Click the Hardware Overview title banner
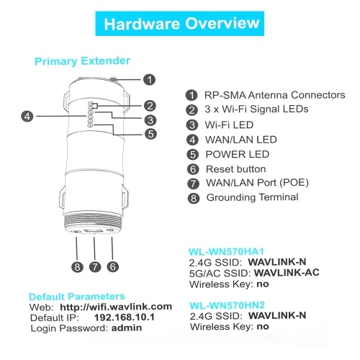[180, 24]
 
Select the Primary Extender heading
[82, 61]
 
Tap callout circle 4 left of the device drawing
[27, 117]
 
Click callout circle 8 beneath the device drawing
[77, 267]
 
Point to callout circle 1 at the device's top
[149, 80]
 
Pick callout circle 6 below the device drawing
[113, 266]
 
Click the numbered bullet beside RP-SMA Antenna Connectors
[192, 95]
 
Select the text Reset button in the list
[236, 169]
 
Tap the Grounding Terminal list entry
[252, 197]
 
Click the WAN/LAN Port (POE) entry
[257, 183]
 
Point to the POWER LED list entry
[238, 154]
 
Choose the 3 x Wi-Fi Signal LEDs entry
[256, 109]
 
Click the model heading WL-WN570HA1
[226, 251]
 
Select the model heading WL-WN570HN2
[227, 305]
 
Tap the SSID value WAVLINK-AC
[287, 273]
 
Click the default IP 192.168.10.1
[125, 318]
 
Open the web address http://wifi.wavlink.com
[116, 307]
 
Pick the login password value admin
[127, 328]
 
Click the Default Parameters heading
[77, 297]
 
